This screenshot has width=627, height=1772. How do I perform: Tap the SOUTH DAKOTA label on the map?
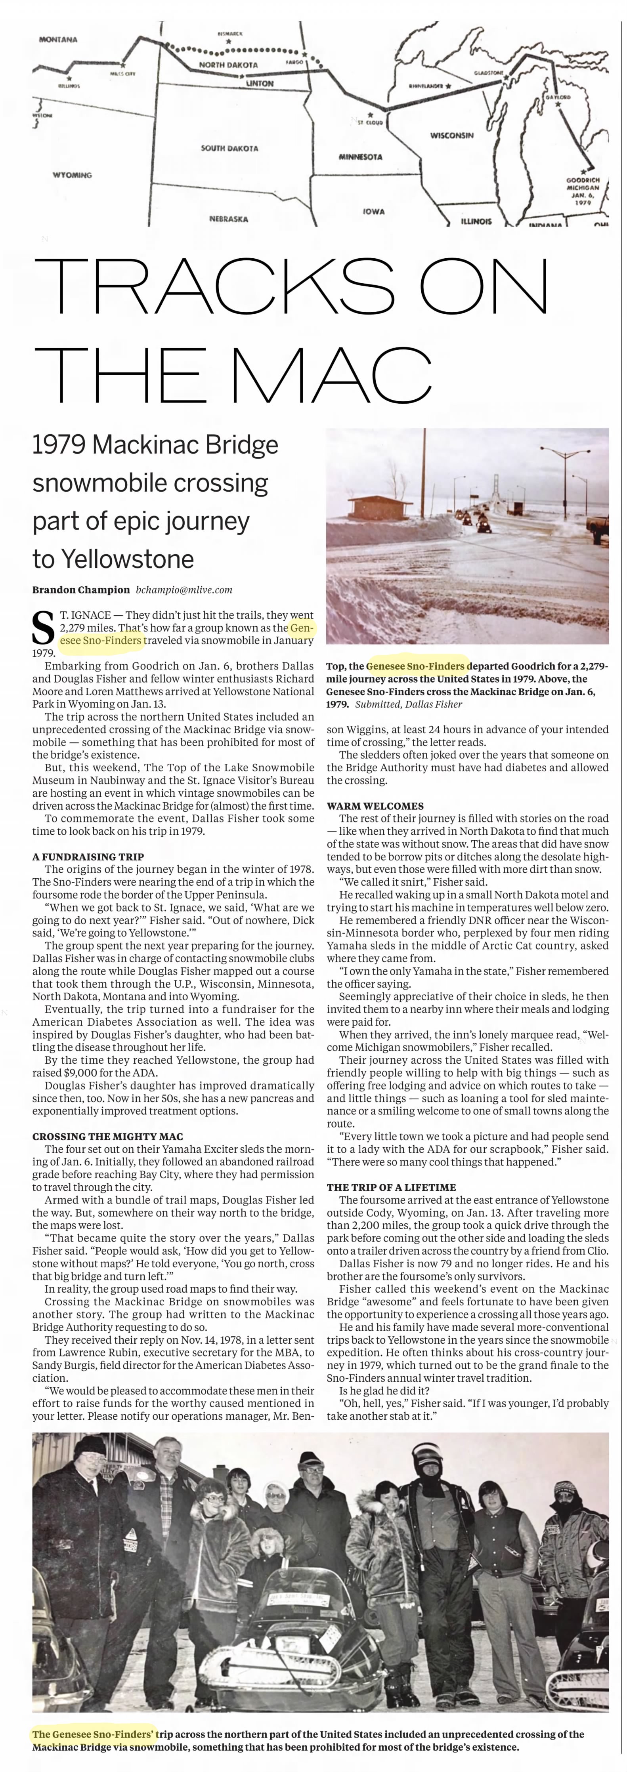pos(229,148)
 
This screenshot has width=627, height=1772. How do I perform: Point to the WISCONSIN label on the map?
pos(451,135)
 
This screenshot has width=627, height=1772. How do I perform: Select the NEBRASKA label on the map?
pos(229,219)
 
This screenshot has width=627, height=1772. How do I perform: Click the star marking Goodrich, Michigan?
pos(584,171)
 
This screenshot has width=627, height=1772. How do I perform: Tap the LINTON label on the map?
pos(260,83)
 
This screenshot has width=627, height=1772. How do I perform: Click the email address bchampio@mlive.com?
pos(184,589)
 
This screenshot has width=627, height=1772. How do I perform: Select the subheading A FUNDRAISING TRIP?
pos(88,856)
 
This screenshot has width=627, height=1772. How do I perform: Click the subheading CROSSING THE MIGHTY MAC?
pos(107,1137)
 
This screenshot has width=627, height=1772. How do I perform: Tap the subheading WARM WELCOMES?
pos(375,805)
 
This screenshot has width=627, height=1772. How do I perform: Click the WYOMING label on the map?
pos(72,175)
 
